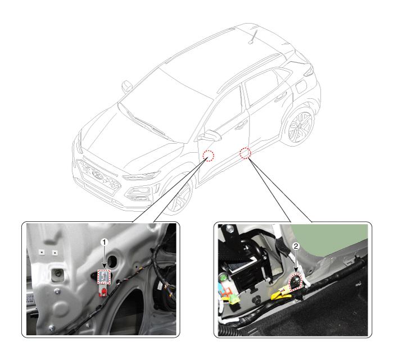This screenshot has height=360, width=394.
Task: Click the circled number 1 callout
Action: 104,242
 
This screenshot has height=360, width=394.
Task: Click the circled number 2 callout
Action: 296,246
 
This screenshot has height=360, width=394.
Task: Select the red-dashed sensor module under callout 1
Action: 104,277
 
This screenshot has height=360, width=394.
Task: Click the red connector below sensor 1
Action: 103,293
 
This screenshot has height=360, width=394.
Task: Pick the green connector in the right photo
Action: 233,299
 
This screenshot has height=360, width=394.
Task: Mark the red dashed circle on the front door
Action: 209,156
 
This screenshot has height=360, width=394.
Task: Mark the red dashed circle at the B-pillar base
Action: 245,153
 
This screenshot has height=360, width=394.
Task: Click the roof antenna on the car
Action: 253,37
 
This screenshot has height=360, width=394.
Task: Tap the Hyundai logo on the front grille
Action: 97,175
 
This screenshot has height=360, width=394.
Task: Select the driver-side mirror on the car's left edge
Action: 126,86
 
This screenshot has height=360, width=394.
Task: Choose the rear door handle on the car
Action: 280,97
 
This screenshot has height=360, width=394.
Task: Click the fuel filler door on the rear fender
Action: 301,86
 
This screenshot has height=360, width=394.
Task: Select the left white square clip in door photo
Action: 41,252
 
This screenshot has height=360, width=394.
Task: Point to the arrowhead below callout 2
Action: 296,270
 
